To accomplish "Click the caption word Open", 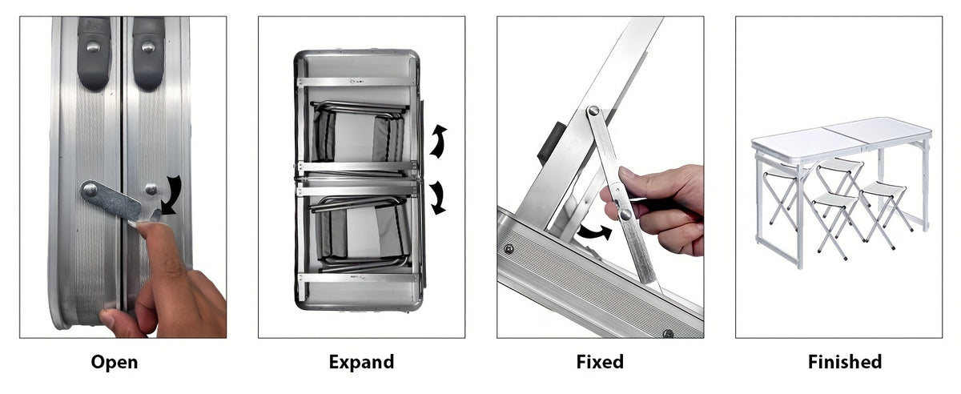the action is [114, 362].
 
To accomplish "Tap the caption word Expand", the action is [361, 362].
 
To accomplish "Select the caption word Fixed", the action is [600, 362].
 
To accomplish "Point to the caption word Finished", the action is [845, 362].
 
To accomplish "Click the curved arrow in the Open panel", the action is [174, 195].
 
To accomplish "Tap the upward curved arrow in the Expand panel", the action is [437, 142].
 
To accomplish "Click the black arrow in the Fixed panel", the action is [594, 232].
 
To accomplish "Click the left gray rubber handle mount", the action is [94, 54].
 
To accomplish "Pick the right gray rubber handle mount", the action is [148, 54].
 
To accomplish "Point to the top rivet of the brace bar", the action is [593, 111].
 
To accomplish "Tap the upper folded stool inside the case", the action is [358, 132].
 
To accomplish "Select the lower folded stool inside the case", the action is [358, 234].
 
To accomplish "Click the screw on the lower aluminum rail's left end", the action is [509, 249].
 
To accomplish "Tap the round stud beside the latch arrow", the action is [151, 189].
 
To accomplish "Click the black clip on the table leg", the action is [549, 144].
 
